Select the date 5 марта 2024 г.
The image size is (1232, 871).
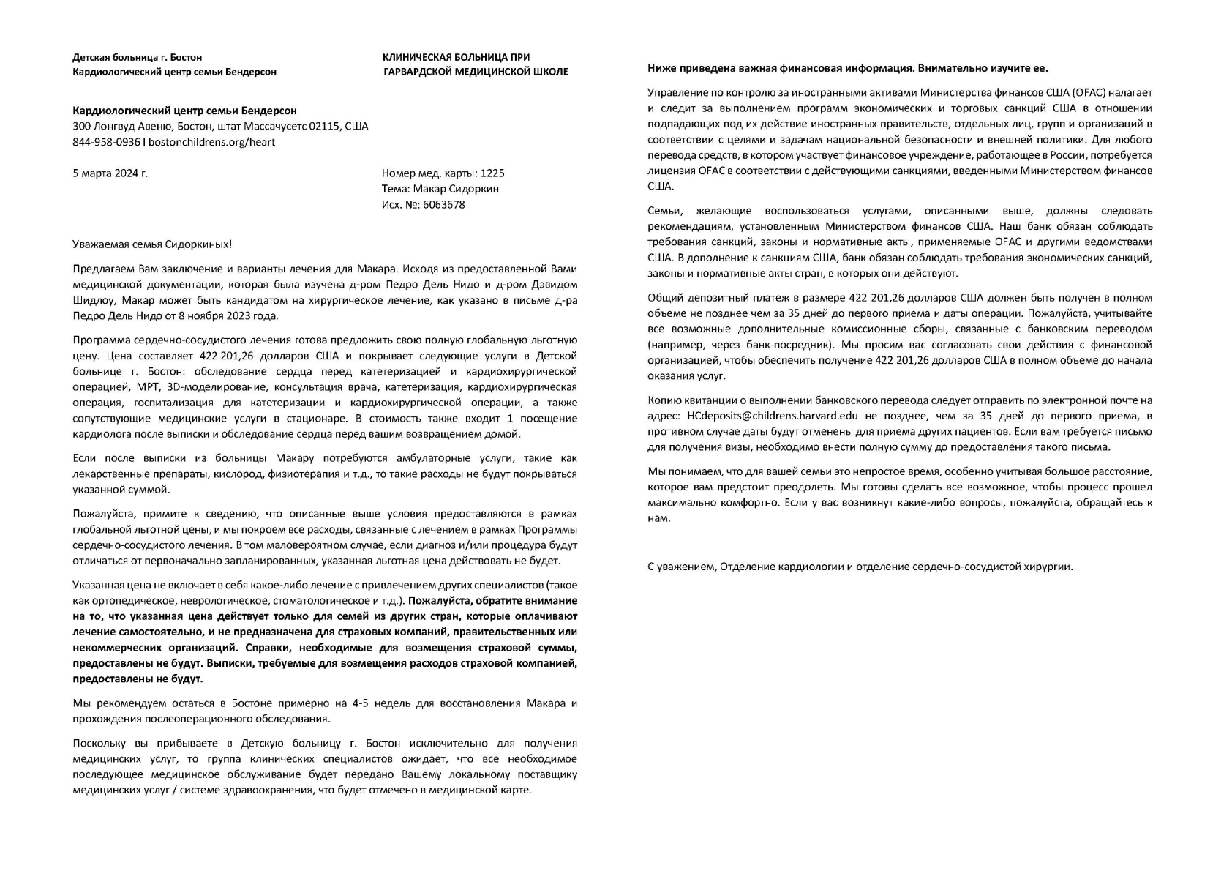[x=110, y=173]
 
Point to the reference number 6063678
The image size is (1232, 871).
[x=443, y=204]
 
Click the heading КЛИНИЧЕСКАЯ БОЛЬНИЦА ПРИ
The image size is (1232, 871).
[x=457, y=57]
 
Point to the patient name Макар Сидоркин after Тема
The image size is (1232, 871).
[x=462, y=189]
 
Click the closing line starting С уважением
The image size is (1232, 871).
[x=860, y=567]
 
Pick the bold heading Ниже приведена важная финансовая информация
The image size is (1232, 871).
[x=847, y=68]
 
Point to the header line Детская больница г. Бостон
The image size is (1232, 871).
[x=137, y=57]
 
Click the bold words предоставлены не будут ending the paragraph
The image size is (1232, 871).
[x=138, y=679]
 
